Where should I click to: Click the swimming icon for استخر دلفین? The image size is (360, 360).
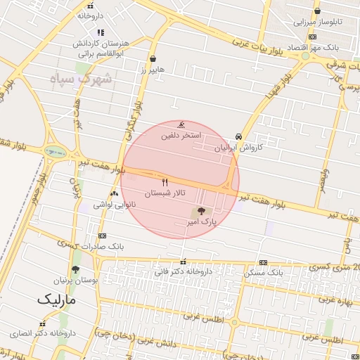(x=182, y=124)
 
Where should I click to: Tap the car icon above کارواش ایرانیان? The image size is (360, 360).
(x=239, y=137)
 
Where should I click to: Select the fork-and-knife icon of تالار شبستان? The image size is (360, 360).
(x=165, y=181)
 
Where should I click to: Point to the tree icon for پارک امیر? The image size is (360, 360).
(x=201, y=210)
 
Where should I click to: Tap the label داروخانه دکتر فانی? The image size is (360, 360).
(x=183, y=271)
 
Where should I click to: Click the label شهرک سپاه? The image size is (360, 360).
(x=82, y=77)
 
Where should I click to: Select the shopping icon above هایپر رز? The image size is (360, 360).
(x=153, y=59)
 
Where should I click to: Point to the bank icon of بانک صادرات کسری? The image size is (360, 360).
(x=102, y=236)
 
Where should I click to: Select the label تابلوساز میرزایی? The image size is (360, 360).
(x=318, y=22)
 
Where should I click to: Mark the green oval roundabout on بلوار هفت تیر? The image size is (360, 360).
(x=53, y=150)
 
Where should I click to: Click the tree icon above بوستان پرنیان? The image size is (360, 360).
(x=75, y=269)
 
